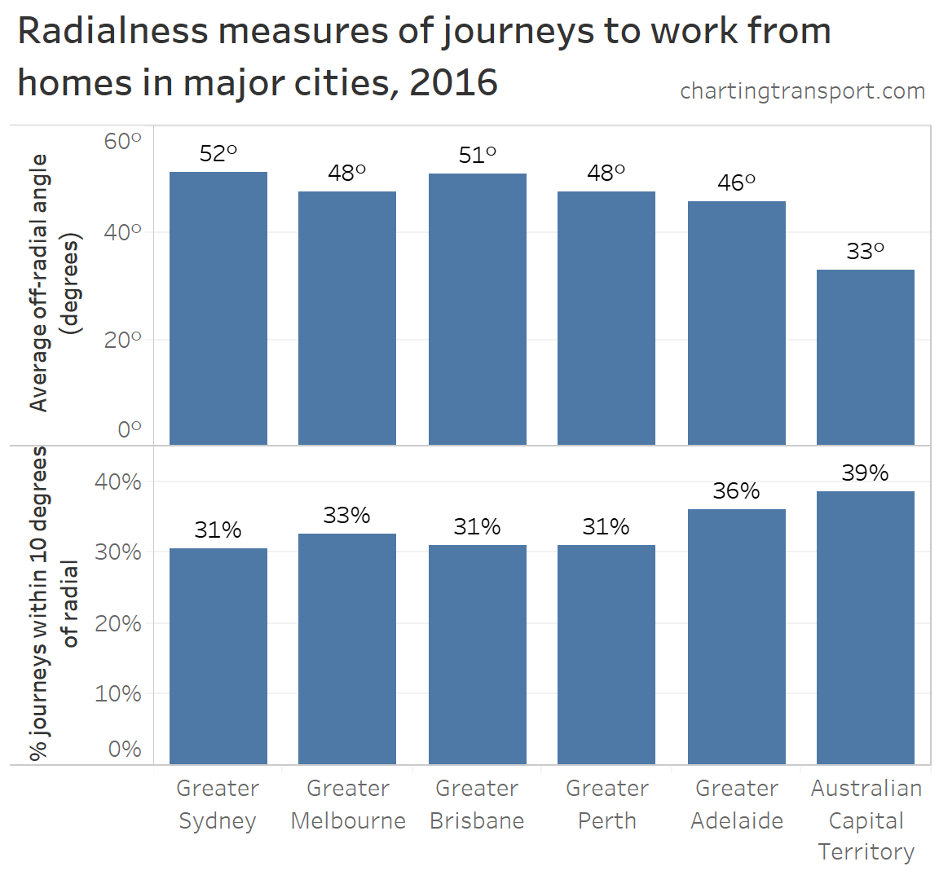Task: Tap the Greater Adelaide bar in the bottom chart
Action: [736, 636]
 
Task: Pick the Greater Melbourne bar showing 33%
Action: [346, 649]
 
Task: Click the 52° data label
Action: [218, 153]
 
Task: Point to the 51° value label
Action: [477, 155]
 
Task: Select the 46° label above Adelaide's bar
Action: [736, 182]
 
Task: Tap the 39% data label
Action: [865, 473]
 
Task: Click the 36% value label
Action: [736, 490]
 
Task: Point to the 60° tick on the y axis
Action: [122, 141]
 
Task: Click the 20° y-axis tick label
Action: [122, 340]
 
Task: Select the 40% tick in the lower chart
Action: [118, 481]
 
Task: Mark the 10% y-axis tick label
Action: [118, 693]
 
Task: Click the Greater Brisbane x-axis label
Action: [477, 804]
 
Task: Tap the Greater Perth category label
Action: [606, 804]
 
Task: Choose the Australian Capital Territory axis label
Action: [866, 820]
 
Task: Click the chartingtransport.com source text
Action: [802, 90]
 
